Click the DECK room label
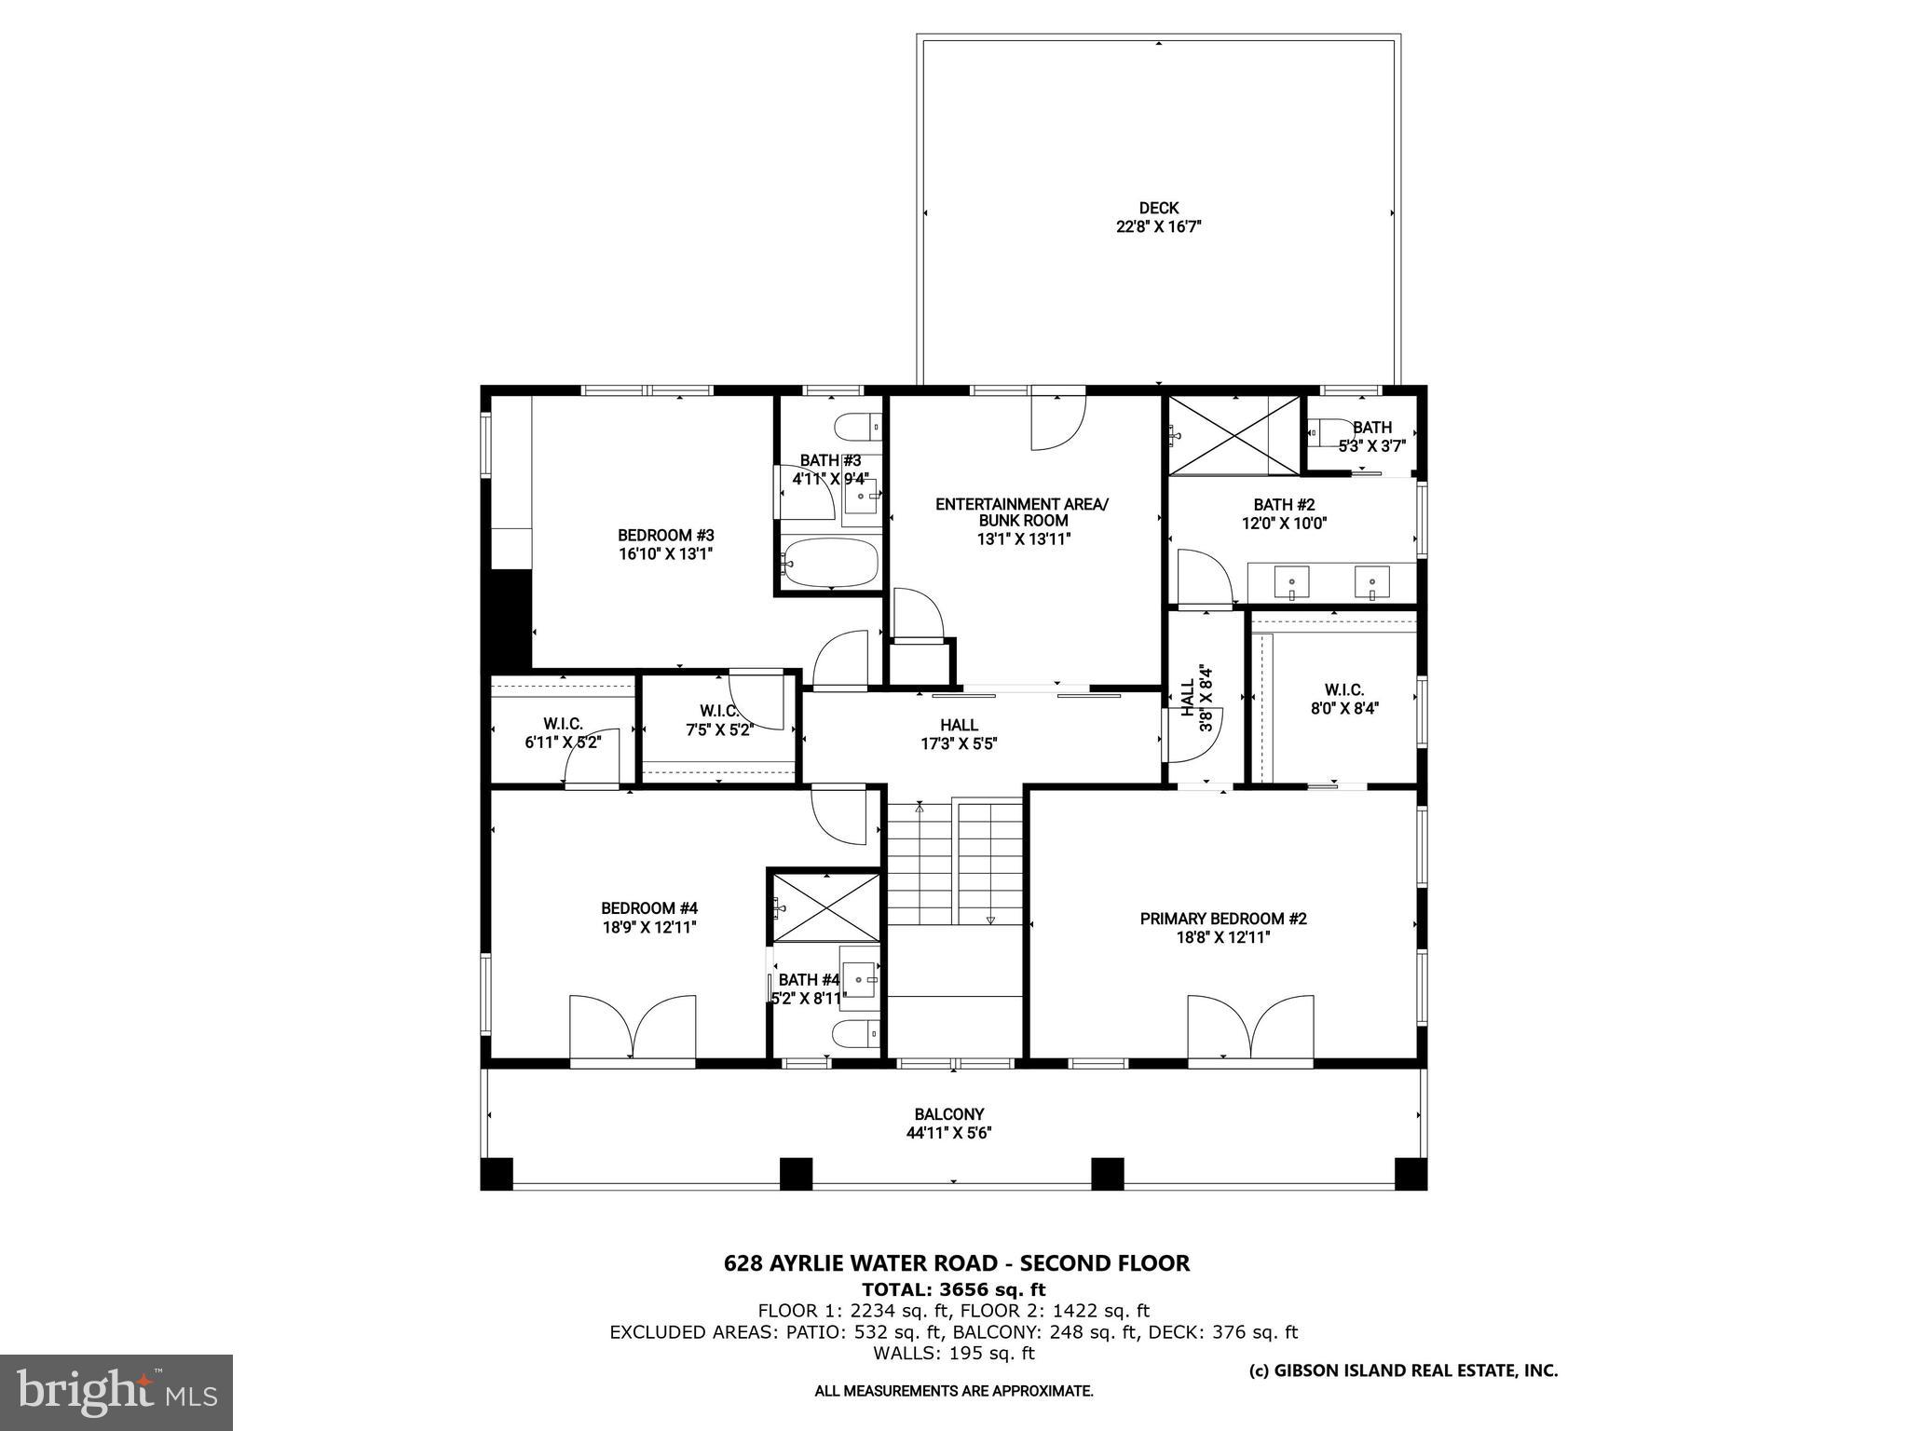click(x=1158, y=208)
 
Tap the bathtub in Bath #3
click(x=831, y=563)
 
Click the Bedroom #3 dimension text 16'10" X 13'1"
click(x=665, y=553)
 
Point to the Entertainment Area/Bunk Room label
click(x=1022, y=512)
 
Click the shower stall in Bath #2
click(x=1233, y=435)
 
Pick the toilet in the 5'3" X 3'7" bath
click(x=1324, y=432)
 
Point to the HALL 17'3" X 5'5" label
click(x=959, y=734)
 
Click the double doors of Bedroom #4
click(x=633, y=1027)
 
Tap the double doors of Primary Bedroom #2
click(x=1250, y=1027)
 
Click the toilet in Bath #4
click(x=855, y=1034)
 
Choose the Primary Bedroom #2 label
click(x=1222, y=919)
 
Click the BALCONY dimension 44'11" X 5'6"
click(x=948, y=1133)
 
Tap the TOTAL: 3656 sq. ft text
click(x=953, y=1289)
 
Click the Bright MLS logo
click(x=116, y=1392)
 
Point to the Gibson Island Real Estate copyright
click(x=1402, y=1370)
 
